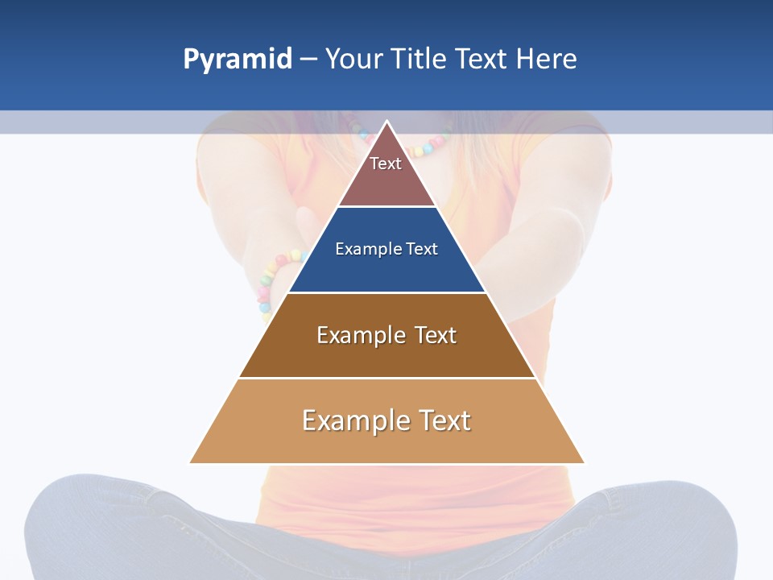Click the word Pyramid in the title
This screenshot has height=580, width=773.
[238, 60]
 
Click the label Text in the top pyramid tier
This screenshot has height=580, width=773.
[386, 164]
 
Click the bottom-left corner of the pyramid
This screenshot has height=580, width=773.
[191, 462]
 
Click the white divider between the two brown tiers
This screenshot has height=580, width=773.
[386, 378]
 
